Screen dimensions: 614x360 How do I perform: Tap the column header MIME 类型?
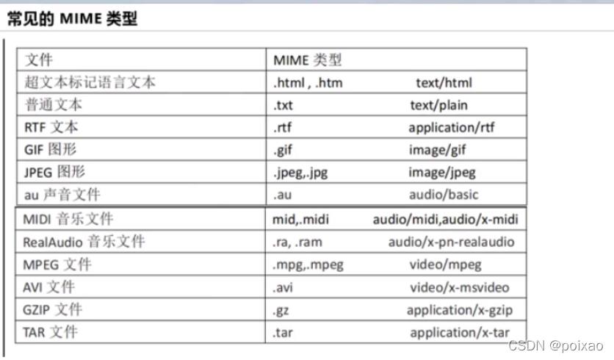pos(307,60)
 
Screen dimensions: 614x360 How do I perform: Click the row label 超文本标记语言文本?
pos(90,82)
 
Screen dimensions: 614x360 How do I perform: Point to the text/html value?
pos(444,83)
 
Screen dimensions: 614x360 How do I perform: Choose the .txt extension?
pos(283,105)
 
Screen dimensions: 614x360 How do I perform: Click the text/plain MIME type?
pos(438,105)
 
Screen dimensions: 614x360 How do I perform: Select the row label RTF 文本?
pos(51,127)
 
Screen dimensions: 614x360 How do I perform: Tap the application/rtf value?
pos(452,127)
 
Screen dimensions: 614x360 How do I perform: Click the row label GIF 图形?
pos(51,150)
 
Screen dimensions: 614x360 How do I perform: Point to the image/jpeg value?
pos(442,173)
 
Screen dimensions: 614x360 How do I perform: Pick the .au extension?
pos(283,195)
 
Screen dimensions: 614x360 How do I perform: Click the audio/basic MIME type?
pos(444,195)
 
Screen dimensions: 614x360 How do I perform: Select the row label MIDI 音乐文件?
pos(68,219)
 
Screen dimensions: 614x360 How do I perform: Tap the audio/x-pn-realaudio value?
pos(452,242)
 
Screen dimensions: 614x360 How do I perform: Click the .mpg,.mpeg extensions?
pos(308,264)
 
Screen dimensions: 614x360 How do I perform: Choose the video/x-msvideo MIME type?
pos(459,287)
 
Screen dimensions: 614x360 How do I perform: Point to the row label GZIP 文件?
pos(52,309)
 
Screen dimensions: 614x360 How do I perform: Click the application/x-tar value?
pos(459,332)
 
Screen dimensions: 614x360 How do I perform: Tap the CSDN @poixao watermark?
pos(566,346)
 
